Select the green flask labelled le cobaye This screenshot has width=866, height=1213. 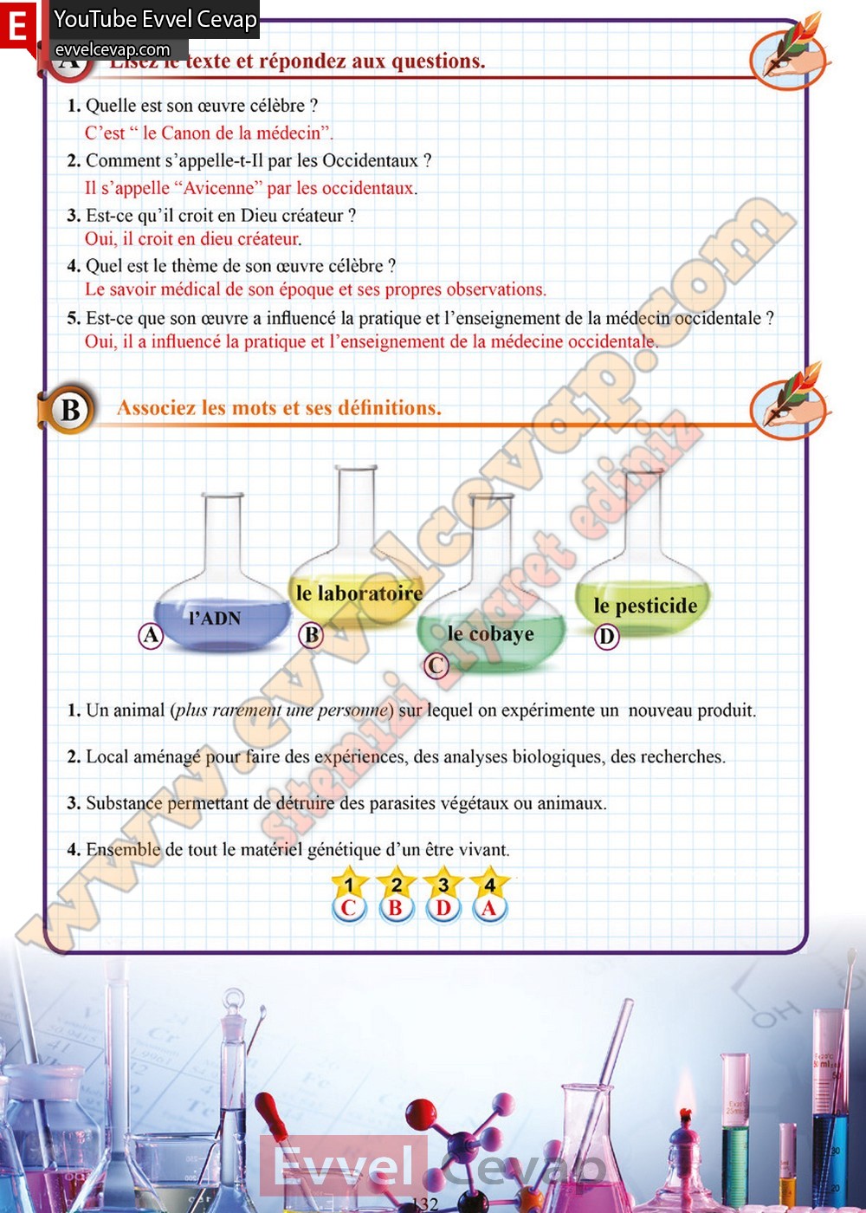(491, 631)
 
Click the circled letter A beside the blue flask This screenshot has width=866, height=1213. (151, 636)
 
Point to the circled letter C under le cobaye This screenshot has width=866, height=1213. (436, 665)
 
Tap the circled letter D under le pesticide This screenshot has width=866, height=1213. (606, 637)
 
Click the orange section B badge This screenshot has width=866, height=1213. (69, 409)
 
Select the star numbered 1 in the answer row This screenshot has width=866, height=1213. (349, 885)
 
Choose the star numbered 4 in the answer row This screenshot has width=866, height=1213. (490, 885)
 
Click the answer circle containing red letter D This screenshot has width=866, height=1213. (443, 908)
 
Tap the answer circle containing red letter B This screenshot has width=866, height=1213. (396, 908)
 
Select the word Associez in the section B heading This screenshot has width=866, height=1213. (154, 408)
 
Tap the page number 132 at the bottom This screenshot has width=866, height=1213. (424, 1203)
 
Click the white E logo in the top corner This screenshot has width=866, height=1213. (17, 26)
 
